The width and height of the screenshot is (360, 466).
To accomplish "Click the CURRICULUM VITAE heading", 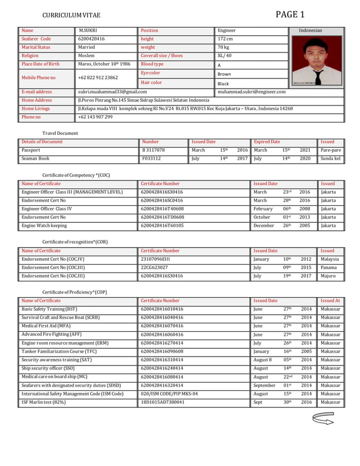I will (x=72, y=15).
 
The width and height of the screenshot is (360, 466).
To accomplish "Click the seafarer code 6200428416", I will (x=91, y=39).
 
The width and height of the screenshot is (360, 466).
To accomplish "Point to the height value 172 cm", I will (x=226, y=39).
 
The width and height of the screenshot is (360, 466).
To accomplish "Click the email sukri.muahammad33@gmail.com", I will (x=112, y=91).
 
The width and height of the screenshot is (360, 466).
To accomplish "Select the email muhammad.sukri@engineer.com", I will (x=252, y=91).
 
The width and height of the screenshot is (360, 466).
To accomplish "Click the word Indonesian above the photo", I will (x=310, y=30).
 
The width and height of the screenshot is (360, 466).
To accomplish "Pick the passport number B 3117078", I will (x=153, y=151).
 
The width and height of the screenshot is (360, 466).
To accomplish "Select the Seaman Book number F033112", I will (x=151, y=159).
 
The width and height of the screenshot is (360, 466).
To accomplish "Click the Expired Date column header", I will (x=267, y=142).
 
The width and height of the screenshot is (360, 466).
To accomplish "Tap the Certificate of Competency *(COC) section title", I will (x=76, y=175).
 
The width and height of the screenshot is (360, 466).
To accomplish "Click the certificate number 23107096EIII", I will (x=155, y=259).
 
